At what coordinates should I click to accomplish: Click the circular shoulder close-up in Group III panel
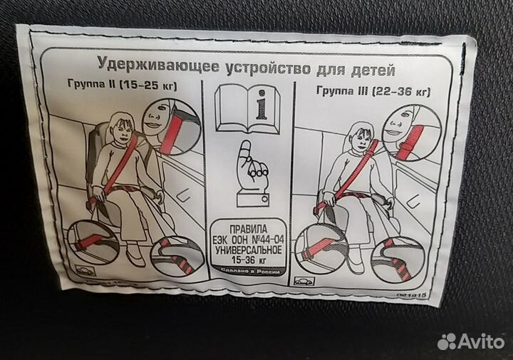[409, 131]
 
